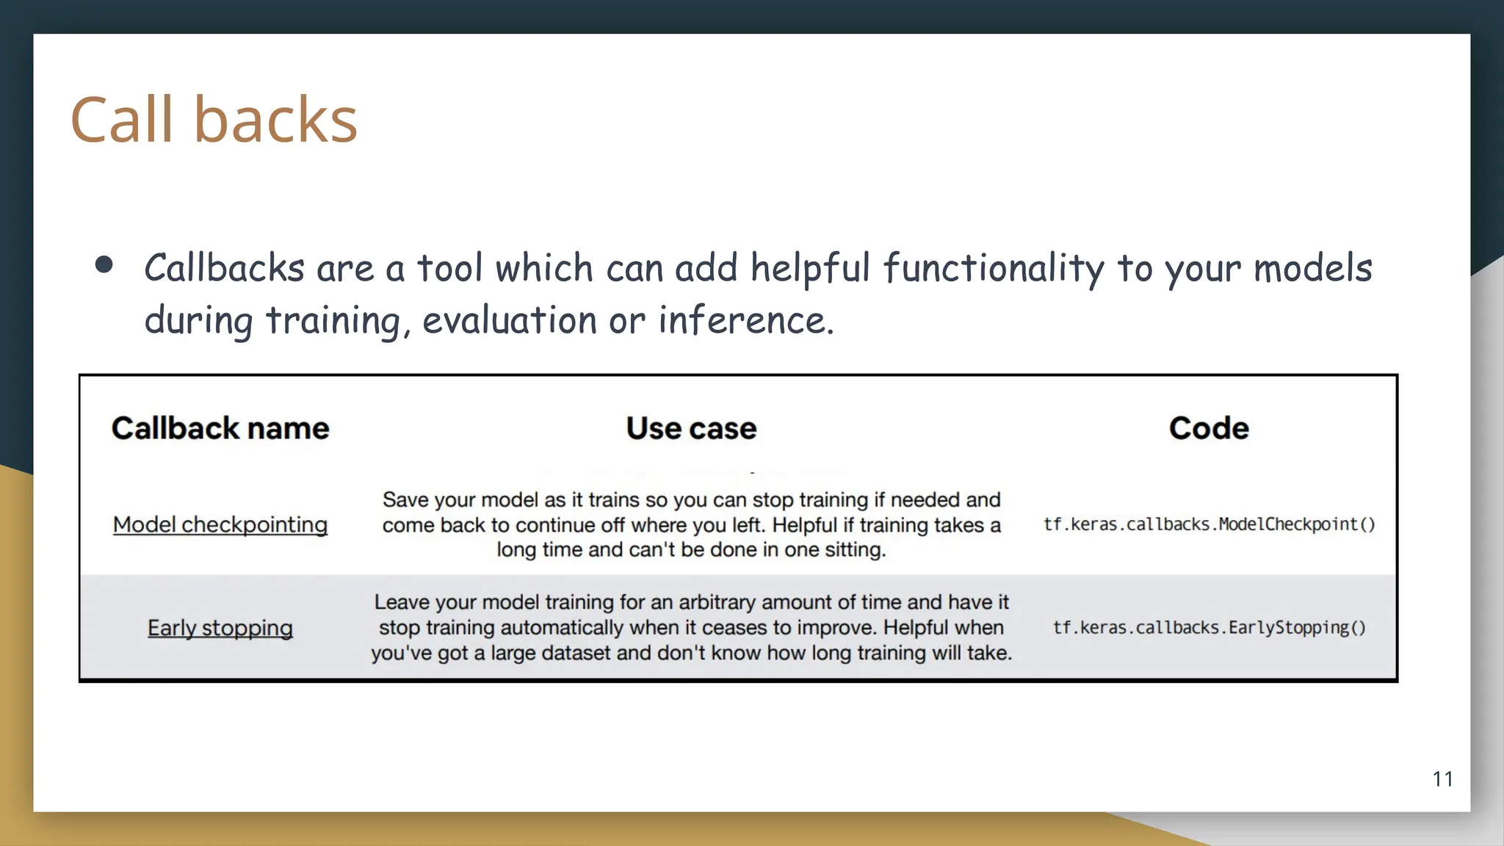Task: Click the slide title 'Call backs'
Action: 214,119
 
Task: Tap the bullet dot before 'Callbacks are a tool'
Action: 104,265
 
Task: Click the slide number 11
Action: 1442,779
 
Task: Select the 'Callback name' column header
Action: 220,428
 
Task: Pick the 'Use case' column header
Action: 691,428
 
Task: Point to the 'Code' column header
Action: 1209,428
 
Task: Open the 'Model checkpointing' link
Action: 220,524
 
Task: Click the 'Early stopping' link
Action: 220,628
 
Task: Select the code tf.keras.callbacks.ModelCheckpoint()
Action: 1209,524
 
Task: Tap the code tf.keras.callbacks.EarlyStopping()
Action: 1209,628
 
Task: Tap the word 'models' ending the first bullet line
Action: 1312,269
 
